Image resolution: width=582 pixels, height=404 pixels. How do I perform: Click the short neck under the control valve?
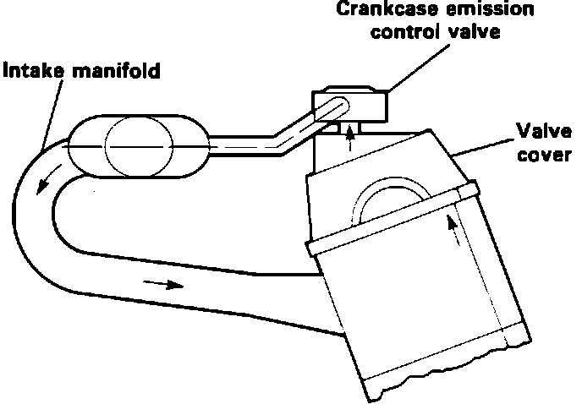(349, 128)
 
